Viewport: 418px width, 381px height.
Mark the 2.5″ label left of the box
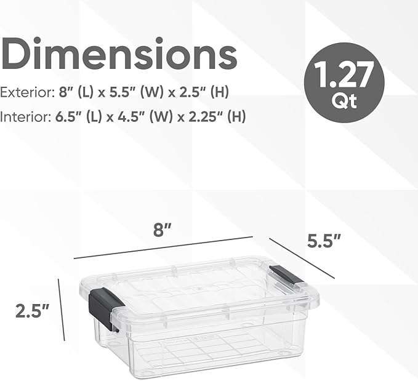32,310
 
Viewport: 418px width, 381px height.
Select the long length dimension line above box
163,247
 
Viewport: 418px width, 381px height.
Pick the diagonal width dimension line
302,258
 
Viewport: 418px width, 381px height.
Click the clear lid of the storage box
191,286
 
